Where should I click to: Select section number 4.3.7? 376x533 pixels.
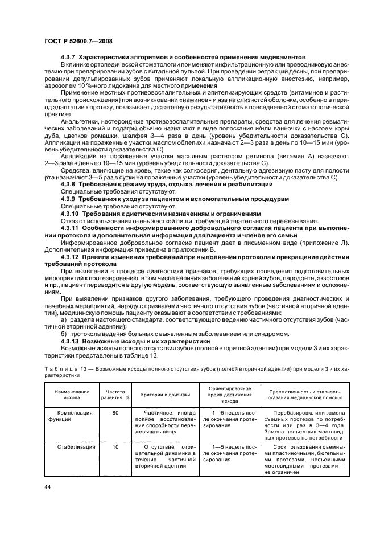[x=68, y=58]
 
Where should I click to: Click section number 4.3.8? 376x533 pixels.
[x=68, y=184]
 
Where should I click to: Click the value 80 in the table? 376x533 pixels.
[x=115, y=412]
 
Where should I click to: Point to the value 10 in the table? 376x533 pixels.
[x=115, y=447]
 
